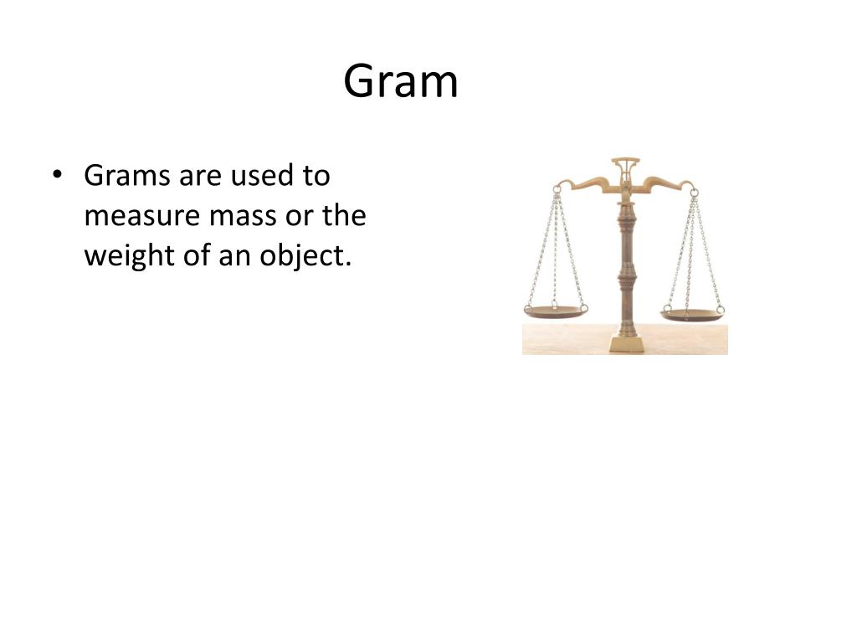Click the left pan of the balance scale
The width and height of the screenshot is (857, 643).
[555, 311]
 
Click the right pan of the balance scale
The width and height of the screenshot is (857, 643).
[693, 315]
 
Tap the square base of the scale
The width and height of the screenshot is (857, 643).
[626, 342]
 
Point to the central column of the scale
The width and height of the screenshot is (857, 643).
[625, 268]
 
